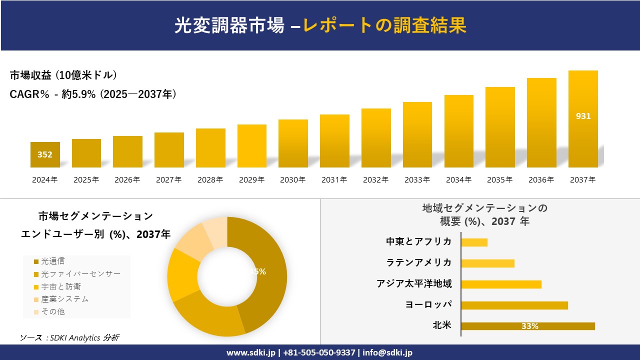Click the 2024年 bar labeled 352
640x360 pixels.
pyautogui.click(x=45, y=154)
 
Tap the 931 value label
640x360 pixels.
pyautogui.click(x=583, y=116)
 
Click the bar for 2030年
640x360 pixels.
pyautogui.click(x=293, y=143)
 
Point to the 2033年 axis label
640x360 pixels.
pyautogui.click(x=417, y=180)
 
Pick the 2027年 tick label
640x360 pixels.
pyautogui.click(x=168, y=180)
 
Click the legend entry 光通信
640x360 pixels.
pyautogui.click(x=52, y=261)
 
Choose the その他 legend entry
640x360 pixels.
pyautogui.click(x=52, y=311)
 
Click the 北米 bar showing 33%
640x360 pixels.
pyautogui.click(x=527, y=326)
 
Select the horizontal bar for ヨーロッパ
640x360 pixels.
pyautogui.click(x=514, y=305)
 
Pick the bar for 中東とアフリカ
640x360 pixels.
pyautogui.click(x=474, y=242)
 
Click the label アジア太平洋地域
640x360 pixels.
pyautogui.click(x=414, y=284)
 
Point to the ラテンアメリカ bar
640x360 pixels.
pyautogui.click(x=487, y=263)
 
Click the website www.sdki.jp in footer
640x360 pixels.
pyautogui.click(x=251, y=352)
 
